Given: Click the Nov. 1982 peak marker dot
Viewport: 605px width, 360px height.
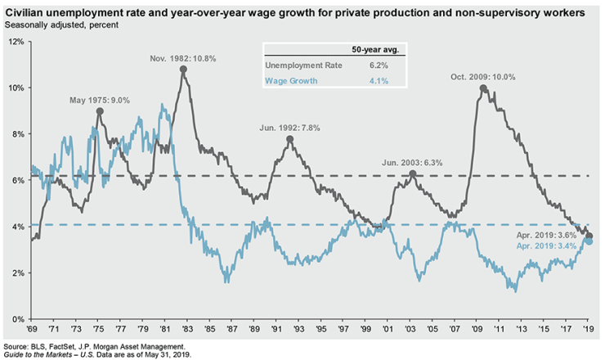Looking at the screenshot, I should (183, 70).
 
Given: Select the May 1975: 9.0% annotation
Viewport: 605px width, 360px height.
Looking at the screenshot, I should (100, 101).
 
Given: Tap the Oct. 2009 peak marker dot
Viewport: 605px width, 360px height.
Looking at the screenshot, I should (483, 88).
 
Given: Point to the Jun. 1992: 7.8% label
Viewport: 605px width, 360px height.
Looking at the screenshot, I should (289, 128).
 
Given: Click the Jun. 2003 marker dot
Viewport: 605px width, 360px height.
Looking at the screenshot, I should (414, 173).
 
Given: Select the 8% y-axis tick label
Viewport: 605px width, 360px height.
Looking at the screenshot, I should (16, 134).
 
